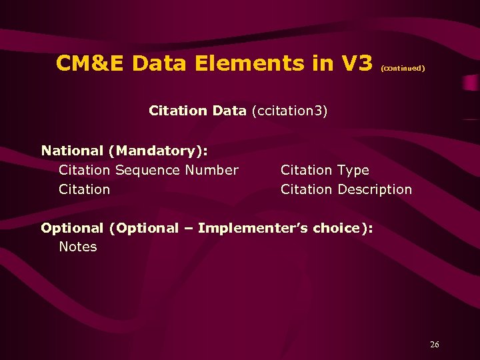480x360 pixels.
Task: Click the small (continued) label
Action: [x=402, y=68]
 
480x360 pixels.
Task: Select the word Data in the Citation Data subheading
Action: [x=229, y=110]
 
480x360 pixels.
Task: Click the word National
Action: [x=72, y=151]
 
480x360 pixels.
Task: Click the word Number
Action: [x=211, y=170]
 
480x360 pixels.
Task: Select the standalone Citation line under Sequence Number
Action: [x=84, y=189]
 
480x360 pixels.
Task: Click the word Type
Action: [x=353, y=170]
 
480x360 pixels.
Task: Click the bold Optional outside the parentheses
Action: [x=72, y=228]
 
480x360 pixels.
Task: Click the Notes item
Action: [x=78, y=247]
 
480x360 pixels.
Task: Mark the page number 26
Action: [x=435, y=345]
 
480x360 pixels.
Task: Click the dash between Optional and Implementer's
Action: [x=188, y=229]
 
